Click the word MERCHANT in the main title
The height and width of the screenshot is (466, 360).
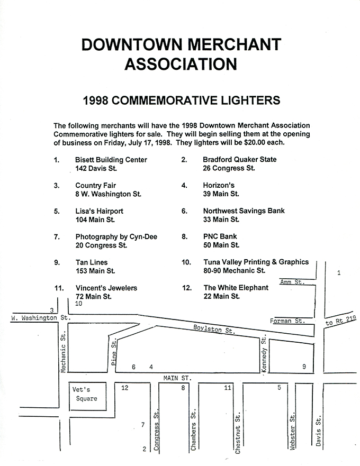(235, 44)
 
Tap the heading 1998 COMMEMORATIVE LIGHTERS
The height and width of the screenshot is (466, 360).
(182, 100)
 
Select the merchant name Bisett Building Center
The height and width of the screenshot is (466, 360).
(111, 160)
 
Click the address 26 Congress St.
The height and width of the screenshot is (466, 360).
(229, 168)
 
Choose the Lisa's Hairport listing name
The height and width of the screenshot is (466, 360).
(99, 211)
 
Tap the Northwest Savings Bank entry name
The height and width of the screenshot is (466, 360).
(244, 211)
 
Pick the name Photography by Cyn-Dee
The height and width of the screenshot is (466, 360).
(116, 237)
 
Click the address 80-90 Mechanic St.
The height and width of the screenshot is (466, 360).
(234, 271)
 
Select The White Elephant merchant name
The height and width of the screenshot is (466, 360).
(236, 288)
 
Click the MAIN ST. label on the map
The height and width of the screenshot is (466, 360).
(177, 378)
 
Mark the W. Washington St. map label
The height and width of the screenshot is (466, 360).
(41, 318)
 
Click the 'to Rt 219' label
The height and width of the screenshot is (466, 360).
(340, 321)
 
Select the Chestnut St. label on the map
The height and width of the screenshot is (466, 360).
(238, 433)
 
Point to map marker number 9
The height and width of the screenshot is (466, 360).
(304, 367)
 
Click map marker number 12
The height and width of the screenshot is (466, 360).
(124, 388)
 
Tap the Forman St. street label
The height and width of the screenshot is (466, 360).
(287, 321)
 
